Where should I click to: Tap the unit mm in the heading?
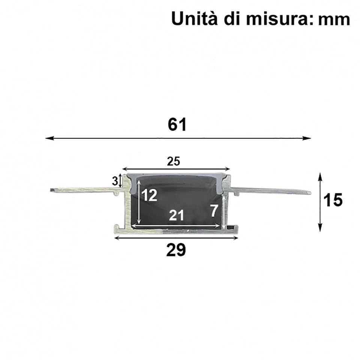(x=333, y=19)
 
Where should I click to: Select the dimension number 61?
(x=177, y=125)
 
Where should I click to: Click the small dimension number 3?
(x=114, y=181)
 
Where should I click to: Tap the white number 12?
(x=150, y=195)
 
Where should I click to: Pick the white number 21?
(x=176, y=215)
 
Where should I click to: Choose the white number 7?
(x=213, y=211)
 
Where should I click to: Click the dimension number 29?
(x=176, y=250)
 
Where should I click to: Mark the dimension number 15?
(x=333, y=201)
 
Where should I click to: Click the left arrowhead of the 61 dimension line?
(x=48, y=138)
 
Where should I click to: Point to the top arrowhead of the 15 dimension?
(x=320, y=175)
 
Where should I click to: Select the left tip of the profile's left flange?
(x=51, y=190)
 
